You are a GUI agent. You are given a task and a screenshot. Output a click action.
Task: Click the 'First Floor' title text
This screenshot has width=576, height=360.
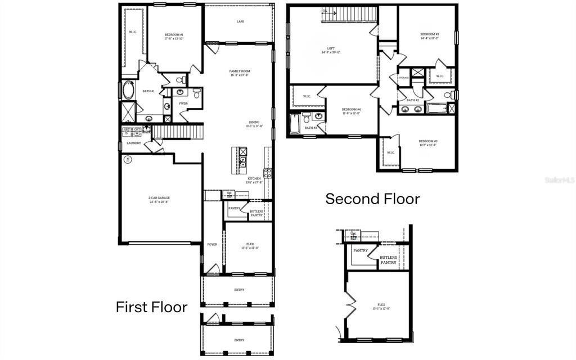[x=151, y=307]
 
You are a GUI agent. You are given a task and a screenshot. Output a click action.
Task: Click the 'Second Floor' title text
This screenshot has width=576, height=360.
[x=372, y=199]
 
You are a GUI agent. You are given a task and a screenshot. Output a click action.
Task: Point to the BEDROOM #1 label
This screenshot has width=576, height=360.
[x=174, y=37]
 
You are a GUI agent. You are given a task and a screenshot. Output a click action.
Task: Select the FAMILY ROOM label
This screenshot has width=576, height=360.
[x=239, y=73]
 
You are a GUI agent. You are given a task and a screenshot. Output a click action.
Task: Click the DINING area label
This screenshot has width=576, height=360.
[x=254, y=124]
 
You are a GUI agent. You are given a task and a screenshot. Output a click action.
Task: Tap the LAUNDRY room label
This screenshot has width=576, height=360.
[x=133, y=143]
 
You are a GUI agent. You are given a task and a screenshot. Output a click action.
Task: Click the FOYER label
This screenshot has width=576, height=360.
[x=212, y=244]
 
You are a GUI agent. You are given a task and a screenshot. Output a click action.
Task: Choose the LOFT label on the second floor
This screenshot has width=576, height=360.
[x=331, y=50]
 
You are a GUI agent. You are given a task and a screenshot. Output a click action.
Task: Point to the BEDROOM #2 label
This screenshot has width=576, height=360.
[x=429, y=35]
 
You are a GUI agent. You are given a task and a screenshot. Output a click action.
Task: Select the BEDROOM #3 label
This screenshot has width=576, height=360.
[x=427, y=142]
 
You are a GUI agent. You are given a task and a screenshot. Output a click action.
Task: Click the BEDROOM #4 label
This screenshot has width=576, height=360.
[x=351, y=111]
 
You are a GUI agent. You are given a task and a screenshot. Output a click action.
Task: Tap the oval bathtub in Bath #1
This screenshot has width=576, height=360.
[x=128, y=90]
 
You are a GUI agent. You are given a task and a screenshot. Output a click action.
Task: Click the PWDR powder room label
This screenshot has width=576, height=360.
[x=183, y=103]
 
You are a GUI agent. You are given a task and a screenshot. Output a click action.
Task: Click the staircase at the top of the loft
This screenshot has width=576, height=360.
[x=349, y=15]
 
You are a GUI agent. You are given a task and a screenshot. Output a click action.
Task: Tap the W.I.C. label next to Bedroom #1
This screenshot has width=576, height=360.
[x=133, y=32]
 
